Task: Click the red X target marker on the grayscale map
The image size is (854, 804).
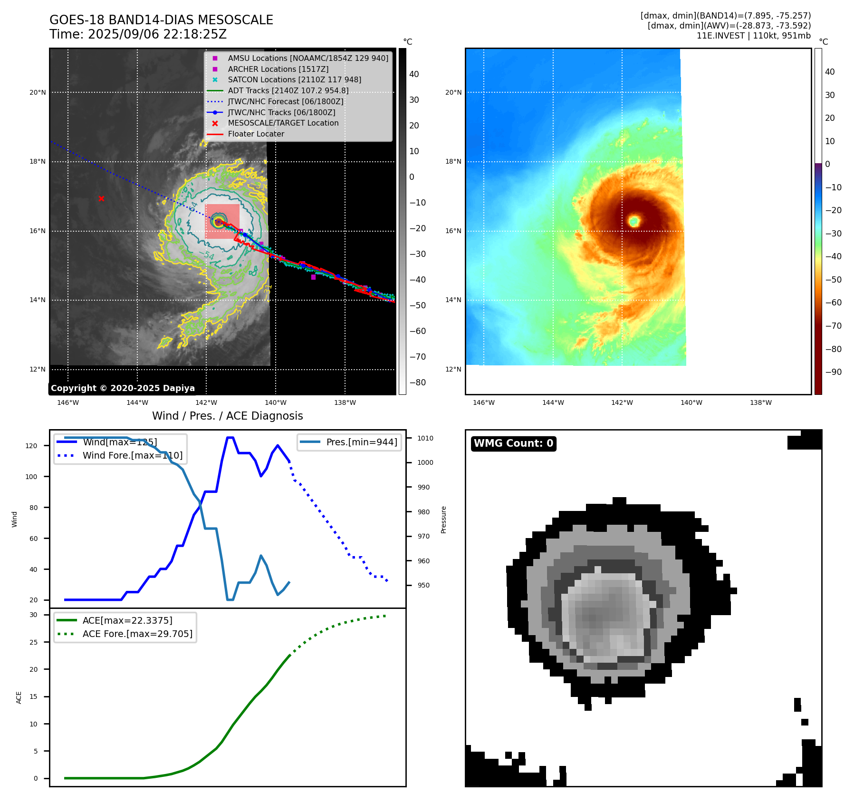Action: [x=101, y=198]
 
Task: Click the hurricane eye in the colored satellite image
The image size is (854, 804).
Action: [x=634, y=221]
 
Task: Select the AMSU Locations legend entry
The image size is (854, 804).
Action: [x=307, y=58]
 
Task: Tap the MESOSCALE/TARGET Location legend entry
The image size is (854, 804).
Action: [x=283, y=123]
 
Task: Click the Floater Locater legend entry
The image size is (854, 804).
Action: [x=256, y=134]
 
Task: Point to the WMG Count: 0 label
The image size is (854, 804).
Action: [x=513, y=443]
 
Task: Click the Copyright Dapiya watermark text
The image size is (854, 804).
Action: [x=123, y=388]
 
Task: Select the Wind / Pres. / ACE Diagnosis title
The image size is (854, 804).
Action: [x=227, y=416]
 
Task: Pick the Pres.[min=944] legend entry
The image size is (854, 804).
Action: [x=361, y=442]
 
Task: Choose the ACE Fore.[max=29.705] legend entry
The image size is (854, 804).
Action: [x=137, y=634]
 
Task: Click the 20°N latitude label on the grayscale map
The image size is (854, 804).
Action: [x=38, y=92]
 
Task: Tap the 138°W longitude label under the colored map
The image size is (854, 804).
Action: [x=760, y=402]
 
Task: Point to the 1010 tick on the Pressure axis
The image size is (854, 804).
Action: [x=425, y=438]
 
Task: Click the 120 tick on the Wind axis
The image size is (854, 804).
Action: [x=31, y=446]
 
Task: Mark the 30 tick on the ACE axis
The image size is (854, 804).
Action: [x=33, y=615]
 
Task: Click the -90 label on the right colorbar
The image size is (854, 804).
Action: [x=833, y=372]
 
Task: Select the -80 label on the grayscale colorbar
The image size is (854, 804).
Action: [x=417, y=382]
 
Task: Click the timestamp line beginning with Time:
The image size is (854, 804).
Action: [x=138, y=34]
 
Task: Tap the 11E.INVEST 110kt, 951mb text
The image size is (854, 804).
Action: [x=753, y=36]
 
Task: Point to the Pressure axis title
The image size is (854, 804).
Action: [x=443, y=520]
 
